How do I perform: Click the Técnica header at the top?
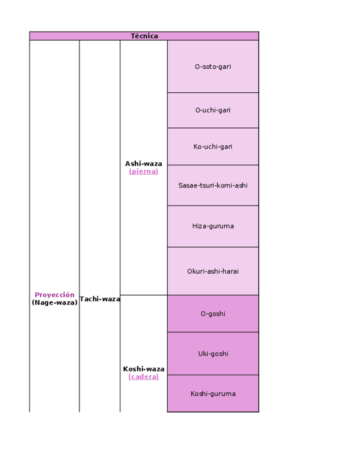coord(144,36)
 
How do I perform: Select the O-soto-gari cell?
coord(213,66)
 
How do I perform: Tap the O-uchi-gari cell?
coord(213,110)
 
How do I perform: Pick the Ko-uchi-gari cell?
coord(213,147)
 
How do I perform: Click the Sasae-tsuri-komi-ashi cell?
coord(213,185)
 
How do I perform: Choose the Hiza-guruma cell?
coord(213,226)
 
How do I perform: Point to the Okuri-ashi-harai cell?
coord(213,271)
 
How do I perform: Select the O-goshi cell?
coord(213,314)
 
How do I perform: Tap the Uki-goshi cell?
coord(213,353)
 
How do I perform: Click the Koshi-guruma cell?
coord(213,393)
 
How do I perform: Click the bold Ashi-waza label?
coord(143,164)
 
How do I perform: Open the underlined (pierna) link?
coord(143,171)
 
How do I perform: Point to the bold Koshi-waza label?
coord(143,369)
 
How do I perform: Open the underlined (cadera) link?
coord(143,377)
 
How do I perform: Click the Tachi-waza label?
coord(99,299)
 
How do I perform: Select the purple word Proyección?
coord(54,295)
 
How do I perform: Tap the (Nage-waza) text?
coord(54,303)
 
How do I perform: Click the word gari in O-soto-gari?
coord(224,66)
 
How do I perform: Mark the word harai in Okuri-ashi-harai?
coord(230,271)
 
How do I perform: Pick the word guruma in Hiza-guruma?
coord(221,226)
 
